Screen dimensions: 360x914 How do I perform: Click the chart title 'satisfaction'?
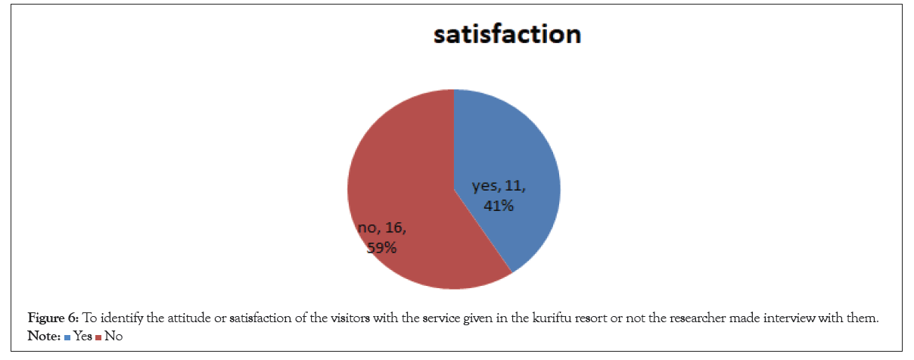pyautogui.click(x=507, y=35)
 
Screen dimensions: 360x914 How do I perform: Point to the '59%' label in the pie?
pyautogui.click(x=381, y=247)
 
